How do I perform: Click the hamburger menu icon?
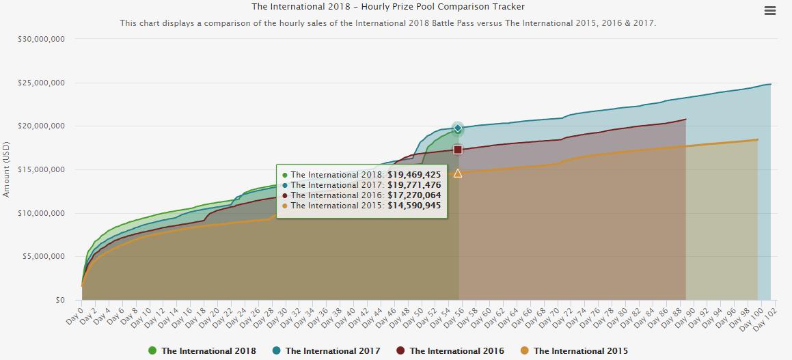[x=770, y=11]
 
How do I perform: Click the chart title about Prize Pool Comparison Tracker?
[x=388, y=7]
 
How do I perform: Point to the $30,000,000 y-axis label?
[x=42, y=39]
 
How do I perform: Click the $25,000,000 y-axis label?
[x=42, y=83]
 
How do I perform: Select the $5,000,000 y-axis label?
[x=44, y=256]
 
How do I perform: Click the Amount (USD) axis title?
[x=6, y=169]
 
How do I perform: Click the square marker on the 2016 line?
[x=458, y=150]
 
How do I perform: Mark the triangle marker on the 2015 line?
[x=458, y=174]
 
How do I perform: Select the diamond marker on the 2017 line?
[x=458, y=128]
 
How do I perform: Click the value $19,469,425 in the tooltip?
[x=414, y=175]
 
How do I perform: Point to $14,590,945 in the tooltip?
[x=414, y=205]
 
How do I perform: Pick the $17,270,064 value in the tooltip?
[x=414, y=195]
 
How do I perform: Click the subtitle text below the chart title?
[x=388, y=23]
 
